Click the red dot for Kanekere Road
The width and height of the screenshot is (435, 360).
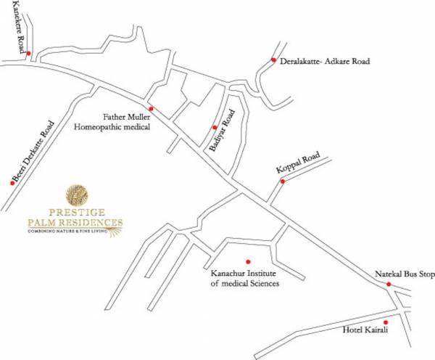pos(28,53)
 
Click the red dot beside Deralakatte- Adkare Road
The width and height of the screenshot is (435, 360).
pos(273,60)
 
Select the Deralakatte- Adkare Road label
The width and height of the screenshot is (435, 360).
pos(324,62)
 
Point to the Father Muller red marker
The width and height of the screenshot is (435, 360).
pos(151,108)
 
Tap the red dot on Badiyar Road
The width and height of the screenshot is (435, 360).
pos(215,127)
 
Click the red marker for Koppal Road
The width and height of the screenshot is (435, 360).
pos(282,181)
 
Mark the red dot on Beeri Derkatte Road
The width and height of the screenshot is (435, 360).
pos(12,183)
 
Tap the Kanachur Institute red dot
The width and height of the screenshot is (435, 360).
pos(248,261)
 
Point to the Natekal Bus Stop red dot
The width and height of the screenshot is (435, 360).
pos(389,285)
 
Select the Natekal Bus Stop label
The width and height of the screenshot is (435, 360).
pos(403,275)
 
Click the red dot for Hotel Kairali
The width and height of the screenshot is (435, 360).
pos(386,322)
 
